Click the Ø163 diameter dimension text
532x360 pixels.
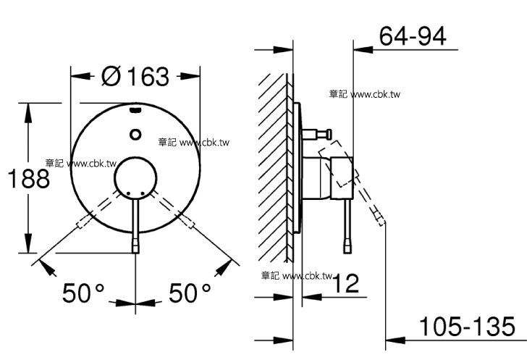135,75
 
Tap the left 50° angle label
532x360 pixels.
84,293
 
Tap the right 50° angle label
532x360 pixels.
190,293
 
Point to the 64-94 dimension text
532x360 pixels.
413,35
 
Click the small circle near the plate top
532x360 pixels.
135,134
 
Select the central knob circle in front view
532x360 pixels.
135,177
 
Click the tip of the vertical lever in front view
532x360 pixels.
135,248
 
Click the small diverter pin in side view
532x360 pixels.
319,133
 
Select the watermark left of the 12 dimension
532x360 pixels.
296,275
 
